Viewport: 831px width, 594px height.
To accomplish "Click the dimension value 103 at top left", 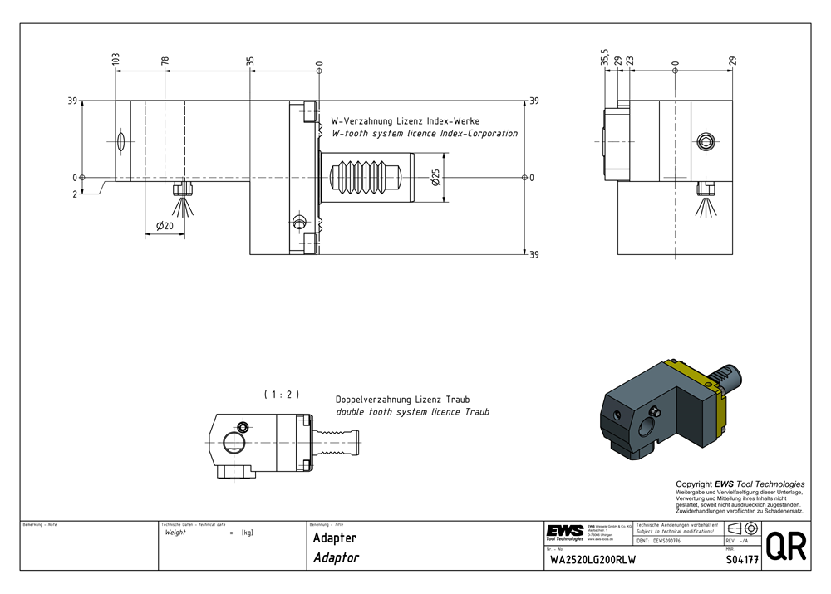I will [x=116, y=60].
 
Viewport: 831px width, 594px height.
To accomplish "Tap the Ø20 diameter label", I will [x=165, y=226].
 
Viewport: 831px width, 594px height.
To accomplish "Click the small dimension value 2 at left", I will [x=75, y=194].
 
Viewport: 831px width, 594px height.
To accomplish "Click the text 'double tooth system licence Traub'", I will [x=412, y=411].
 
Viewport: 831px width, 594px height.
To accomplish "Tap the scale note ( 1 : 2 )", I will [x=281, y=394].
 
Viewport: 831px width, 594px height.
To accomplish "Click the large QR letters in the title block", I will [x=784, y=547].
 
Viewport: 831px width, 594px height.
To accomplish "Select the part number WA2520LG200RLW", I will [x=593, y=560].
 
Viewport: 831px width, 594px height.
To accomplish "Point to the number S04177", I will [x=742, y=559].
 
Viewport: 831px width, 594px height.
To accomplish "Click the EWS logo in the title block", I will [x=565, y=532].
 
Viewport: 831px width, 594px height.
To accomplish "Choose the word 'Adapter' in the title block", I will [x=335, y=538].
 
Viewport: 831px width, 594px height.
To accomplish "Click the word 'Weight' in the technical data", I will [x=176, y=533].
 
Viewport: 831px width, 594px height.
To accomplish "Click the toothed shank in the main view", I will [x=366, y=177].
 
